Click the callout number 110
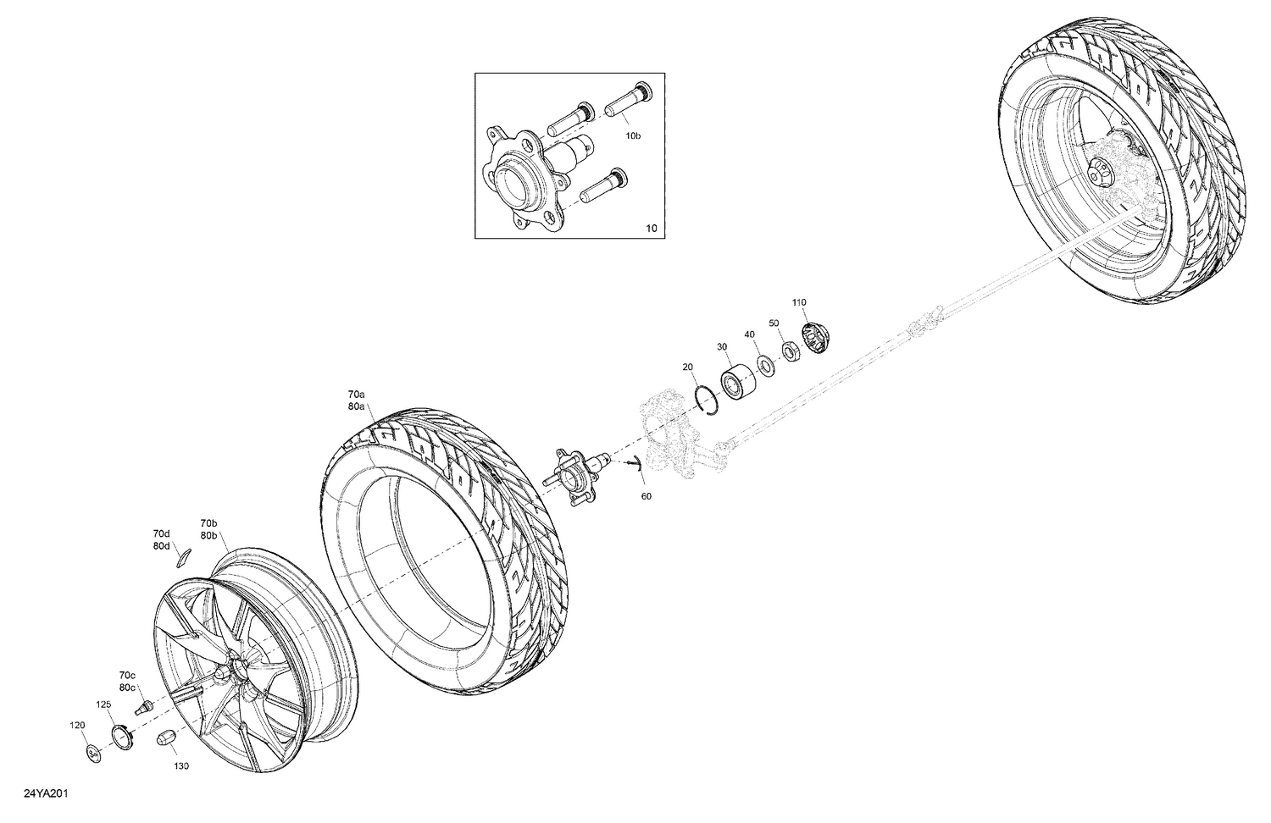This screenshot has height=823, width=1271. coord(799,302)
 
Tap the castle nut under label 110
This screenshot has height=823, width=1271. coord(814,340)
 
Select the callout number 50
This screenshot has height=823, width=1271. coord(774,323)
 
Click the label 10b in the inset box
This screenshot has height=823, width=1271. coord(633,135)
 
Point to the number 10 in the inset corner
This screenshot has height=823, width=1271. coord(650,228)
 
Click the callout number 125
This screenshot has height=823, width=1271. coord(103,704)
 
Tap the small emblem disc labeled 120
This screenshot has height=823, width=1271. coord(93,752)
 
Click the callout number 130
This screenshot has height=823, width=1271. coord(181,766)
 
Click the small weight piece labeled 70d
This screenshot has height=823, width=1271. coord(184,556)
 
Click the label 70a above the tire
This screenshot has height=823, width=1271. coord(356,394)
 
